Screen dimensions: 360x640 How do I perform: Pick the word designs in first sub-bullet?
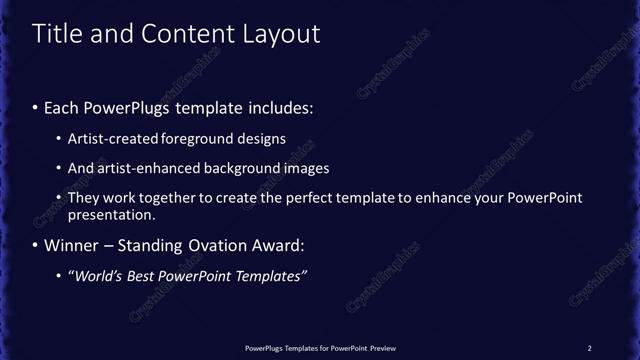pyautogui.click(x=258, y=139)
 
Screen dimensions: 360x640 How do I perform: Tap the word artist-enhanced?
pyautogui.click(x=142, y=168)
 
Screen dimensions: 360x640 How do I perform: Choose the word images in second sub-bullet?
pyautogui.click(x=301, y=168)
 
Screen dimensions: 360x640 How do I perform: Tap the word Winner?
pyautogui.click(x=72, y=245)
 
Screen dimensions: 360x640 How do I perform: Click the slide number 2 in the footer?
pyautogui.click(x=589, y=348)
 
